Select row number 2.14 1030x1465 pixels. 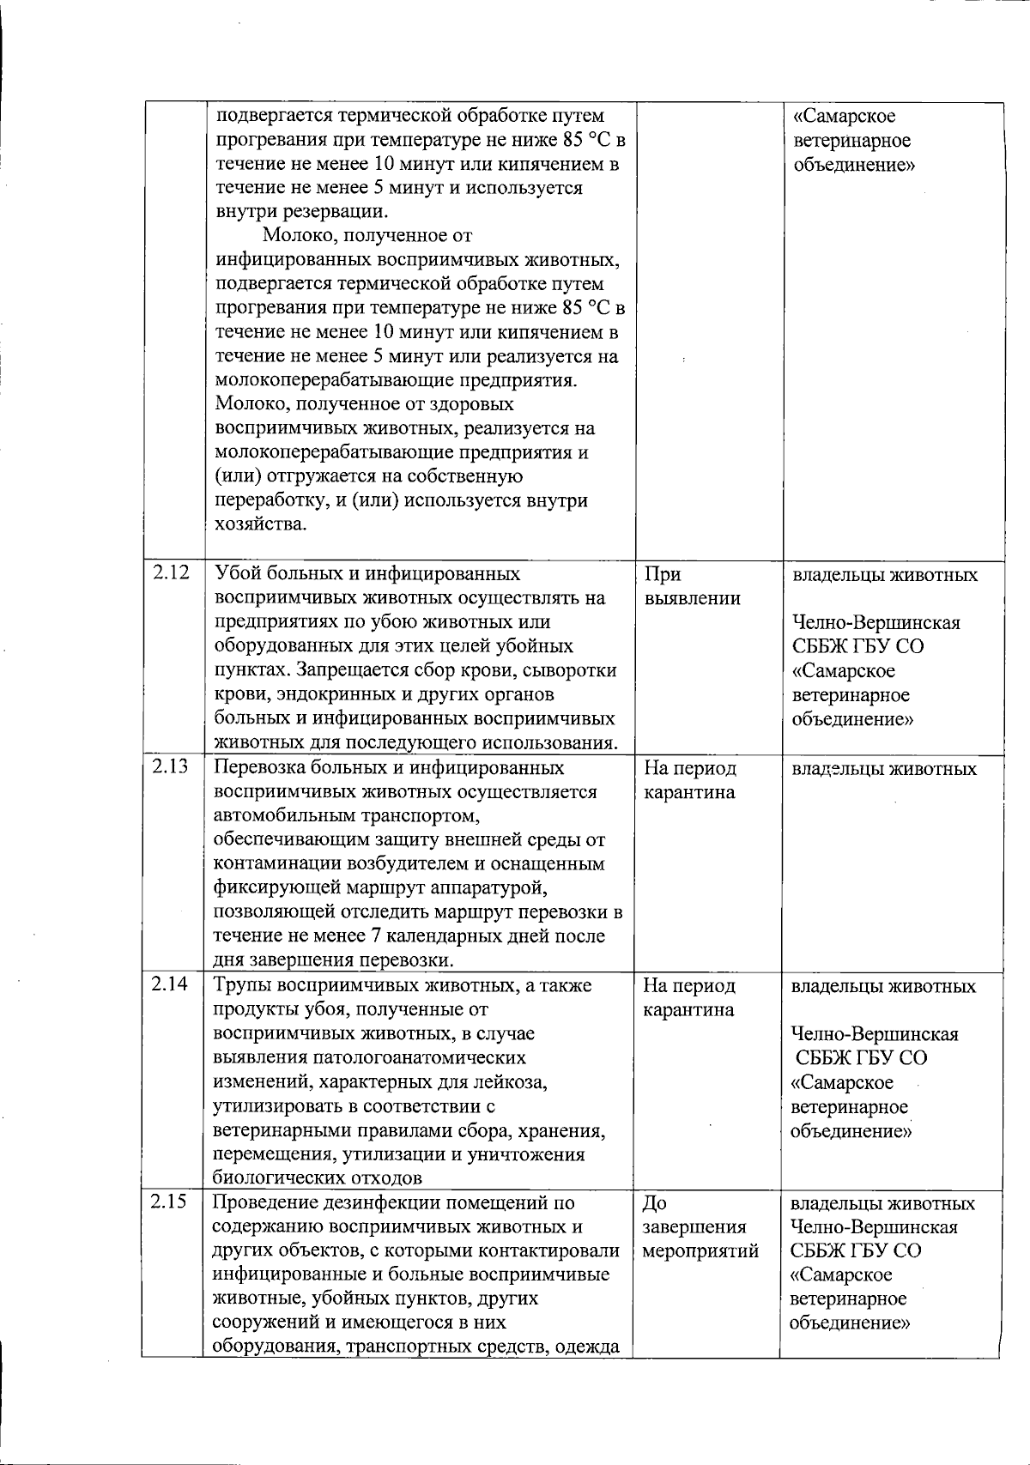170,985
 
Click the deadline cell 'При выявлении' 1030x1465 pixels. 692,586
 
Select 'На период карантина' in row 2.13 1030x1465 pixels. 690,780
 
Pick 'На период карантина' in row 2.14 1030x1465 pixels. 689,998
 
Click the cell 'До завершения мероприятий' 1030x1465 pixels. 700,1227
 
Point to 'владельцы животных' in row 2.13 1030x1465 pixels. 883,769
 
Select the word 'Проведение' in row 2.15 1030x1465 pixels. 266,1203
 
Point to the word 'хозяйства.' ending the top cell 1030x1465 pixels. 260,524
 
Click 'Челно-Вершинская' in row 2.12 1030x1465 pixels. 875,623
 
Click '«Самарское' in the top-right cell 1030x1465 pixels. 845,116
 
